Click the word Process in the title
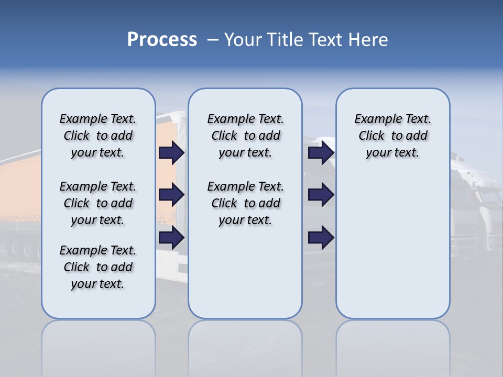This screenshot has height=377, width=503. coord(162,40)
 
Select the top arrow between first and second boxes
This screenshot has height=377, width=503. coord(171,152)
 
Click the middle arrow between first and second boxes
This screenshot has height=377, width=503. coord(171,195)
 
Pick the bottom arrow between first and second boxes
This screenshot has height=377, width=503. coord(171,238)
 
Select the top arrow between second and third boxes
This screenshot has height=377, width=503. coord(321,152)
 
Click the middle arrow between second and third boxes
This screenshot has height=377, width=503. coord(321,195)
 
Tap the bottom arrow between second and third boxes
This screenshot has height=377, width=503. coord(321,238)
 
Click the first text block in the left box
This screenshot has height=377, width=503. coord(98,136)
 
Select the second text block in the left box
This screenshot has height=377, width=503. coord(98,203)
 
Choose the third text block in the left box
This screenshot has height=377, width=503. coord(98,267)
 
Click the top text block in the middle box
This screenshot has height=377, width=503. coord(245,136)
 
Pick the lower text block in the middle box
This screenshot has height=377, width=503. coord(245,203)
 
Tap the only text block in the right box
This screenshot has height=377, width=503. coord(392,136)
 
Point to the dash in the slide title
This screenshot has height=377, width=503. coord(212,40)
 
